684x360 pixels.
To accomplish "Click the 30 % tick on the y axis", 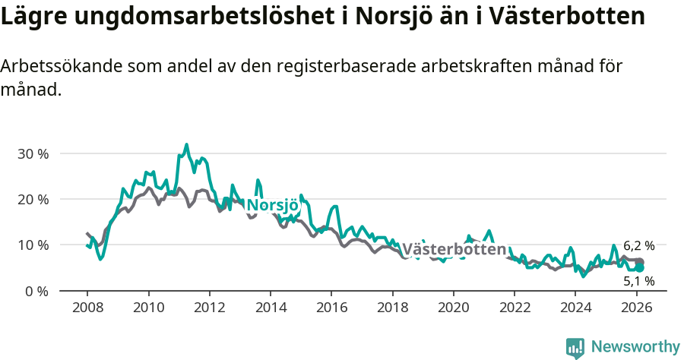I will coord(32,153).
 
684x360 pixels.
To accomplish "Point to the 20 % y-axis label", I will coord(32,199).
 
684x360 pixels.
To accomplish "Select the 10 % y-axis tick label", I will coord(32,245).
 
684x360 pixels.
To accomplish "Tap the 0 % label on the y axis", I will coord(36,291).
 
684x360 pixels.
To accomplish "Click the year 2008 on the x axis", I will coord(87,308).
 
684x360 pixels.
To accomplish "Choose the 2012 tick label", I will coord(209,308).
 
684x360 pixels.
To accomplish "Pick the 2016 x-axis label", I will coord(331,308).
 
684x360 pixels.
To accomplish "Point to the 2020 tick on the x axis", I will coord(453,308).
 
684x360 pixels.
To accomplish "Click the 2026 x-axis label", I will coord(636,308).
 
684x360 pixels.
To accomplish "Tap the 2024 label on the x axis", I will coord(575,308).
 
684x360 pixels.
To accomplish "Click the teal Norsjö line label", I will coord(272,205).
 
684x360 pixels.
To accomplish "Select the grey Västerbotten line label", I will coord(454,249).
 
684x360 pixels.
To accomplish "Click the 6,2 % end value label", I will coord(638,245).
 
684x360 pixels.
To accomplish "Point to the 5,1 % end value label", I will coord(638,281).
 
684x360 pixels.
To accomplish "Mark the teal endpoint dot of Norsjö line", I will coord(640,267).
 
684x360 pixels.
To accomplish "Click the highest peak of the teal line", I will coord(186,144).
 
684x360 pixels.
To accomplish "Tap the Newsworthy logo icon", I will coord(575,348).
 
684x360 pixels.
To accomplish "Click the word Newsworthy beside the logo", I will coord(635,347).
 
